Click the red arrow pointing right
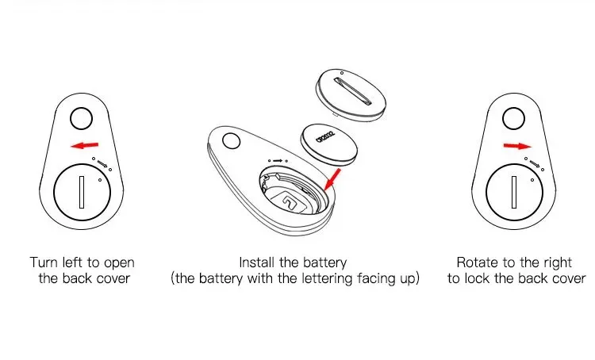click(x=516, y=146)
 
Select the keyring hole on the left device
click(x=81, y=119)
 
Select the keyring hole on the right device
click(x=513, y=119)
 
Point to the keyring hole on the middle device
click(x=232, y=142)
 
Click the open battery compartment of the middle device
click(x=293, y=194)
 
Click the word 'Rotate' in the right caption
click(x=476, y=262)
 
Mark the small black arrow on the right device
click(x=535, y=164)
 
